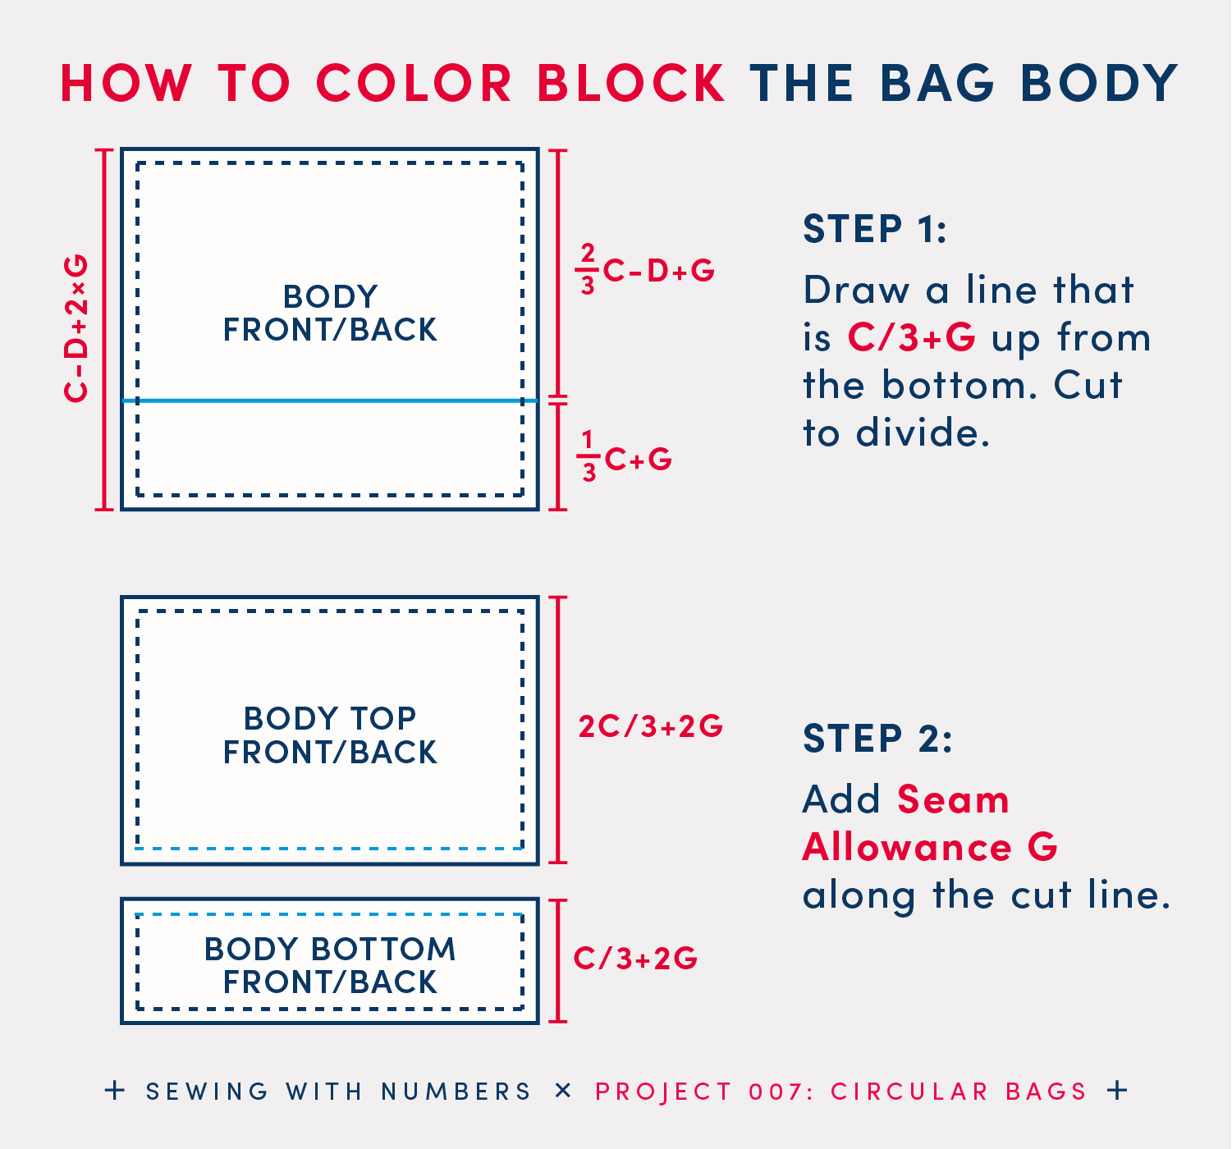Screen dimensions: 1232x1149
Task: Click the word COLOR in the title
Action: click(x=414, y=83)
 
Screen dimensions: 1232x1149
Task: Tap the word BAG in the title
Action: click(x=937, y=83)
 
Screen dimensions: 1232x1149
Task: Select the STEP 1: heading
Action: click(x=875, y=229)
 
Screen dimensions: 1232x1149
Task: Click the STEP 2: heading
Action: click(x=877, y=739)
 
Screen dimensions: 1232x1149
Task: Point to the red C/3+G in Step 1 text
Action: click(x=911, y=337)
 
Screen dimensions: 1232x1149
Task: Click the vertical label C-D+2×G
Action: click(x=76, y=328)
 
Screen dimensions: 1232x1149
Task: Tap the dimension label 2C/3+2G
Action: click(x=651, y=726)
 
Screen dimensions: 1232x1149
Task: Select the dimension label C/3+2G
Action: click(x=636, y=958)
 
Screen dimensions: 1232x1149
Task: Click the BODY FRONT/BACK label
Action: click(x=330, y=313)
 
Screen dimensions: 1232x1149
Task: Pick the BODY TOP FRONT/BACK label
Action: click(x=330, y=735)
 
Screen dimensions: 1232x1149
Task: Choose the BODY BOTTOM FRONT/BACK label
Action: click(x=330, y=965)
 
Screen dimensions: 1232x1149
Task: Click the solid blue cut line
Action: click(x=330, y=401)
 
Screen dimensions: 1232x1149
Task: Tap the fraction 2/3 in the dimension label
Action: click(x=588, y=268)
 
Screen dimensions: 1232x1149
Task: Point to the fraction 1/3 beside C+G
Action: click(x=589, y=456)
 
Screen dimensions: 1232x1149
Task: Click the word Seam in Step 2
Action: click(x=954, y=799)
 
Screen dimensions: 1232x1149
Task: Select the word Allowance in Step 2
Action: click(x=907, y=848)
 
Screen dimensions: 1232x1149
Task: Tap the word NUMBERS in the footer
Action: click(x=456, y=1092)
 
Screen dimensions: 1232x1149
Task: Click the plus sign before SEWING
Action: click(x=115, y=1090)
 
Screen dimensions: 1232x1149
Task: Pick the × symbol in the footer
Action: click(x=563, y=1090)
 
